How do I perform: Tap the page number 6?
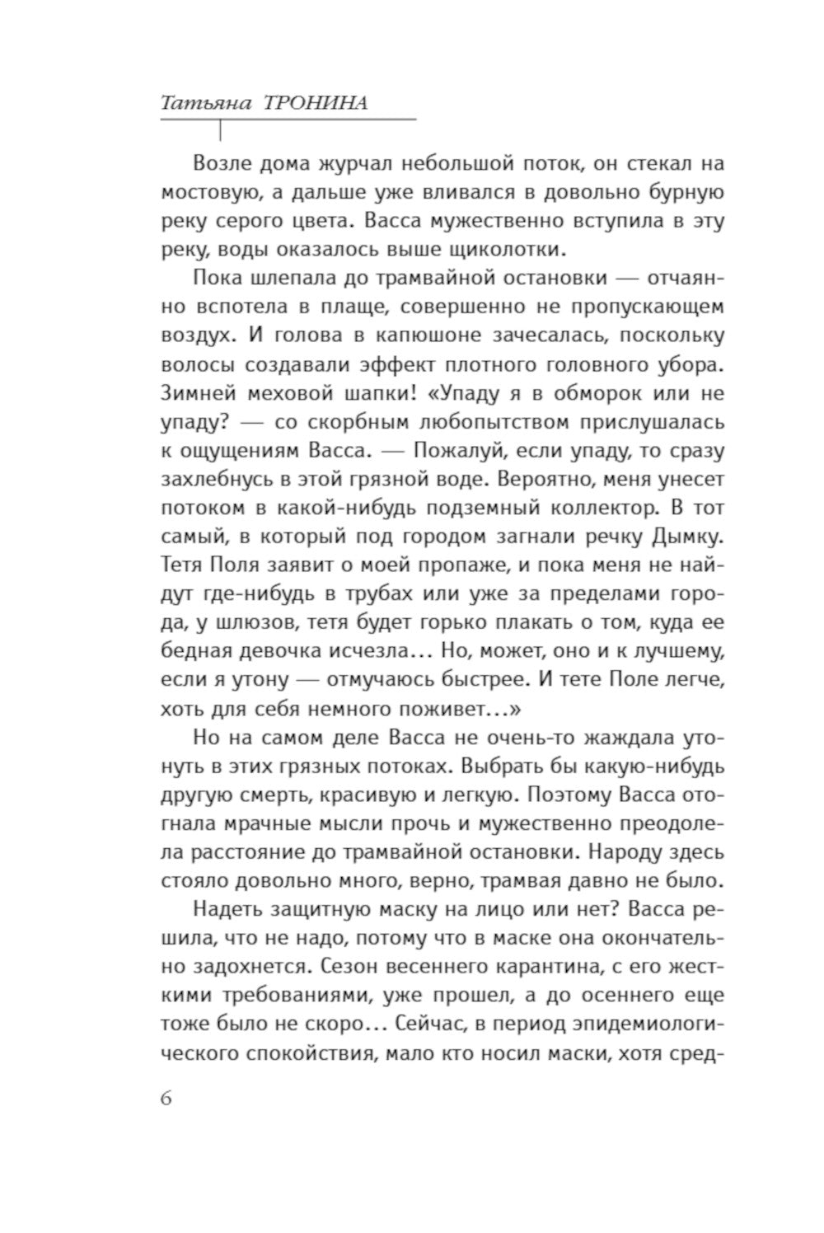click(x=167, y=1099)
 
